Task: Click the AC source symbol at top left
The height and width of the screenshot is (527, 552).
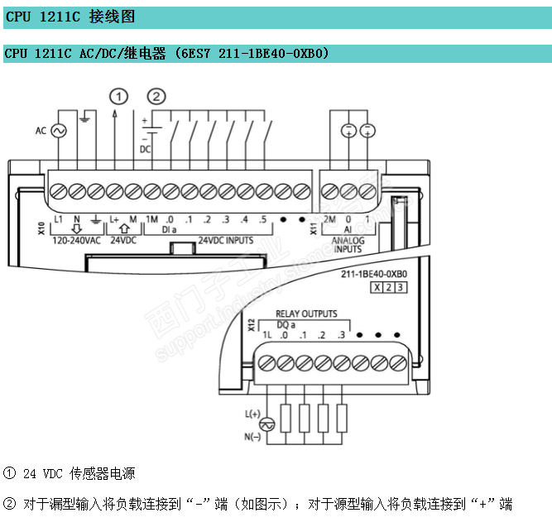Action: click(x=59, y=131)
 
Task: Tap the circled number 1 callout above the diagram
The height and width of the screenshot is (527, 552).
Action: click(x=121, y=97)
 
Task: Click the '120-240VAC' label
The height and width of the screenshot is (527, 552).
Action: click(x=76, y=241)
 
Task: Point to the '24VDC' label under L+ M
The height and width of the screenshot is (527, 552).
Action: click(x=123, y=241)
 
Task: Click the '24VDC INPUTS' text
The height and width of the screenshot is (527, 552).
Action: click(x=226, y=241)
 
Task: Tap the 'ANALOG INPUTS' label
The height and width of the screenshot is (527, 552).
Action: click(x=348, y=245)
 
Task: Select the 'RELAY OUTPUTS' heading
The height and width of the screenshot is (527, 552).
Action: click(x=306, y=314)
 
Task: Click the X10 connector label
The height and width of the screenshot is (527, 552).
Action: click(x=41, y=228)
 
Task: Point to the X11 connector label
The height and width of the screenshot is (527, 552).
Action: click(x=313, y=228)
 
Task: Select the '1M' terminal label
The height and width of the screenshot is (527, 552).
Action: click(x=151, y=219)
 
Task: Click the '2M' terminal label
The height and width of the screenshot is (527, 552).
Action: click(x=329, y=219)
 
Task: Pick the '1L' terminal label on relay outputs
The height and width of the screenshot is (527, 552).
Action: click(x=266, y=334)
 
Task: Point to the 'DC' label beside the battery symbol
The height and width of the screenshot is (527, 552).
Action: click(x=146, y=150)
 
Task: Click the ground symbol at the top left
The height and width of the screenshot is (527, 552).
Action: click(x=84, y=121)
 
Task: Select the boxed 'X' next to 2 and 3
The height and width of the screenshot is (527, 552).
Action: click(x=377, y=287)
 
